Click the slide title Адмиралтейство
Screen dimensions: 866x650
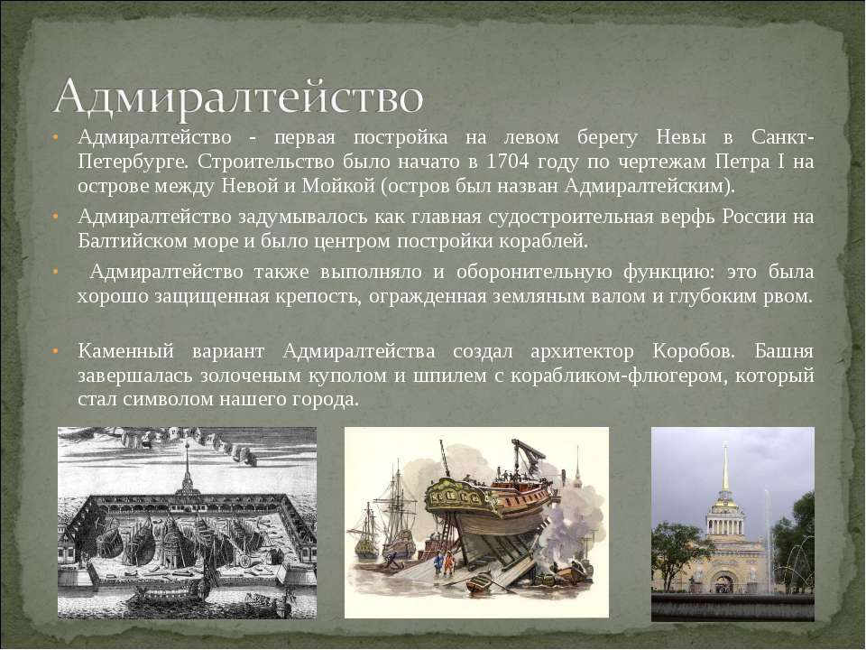tap(239, 97)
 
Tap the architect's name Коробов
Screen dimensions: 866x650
tap(694, 351)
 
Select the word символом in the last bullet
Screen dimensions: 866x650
tap(169, 400)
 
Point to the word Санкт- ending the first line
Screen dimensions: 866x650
tap(782, 137)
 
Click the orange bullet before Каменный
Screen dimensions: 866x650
tap(55, 351)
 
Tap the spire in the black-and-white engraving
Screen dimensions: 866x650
tap(188, 466)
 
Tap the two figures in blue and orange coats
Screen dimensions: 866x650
tap(444, 562)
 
